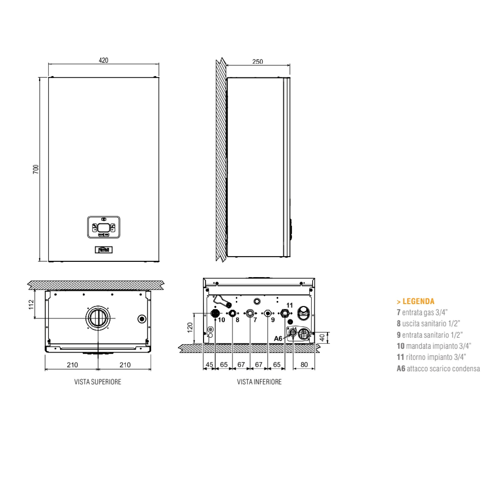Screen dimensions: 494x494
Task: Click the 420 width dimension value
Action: [103, 60]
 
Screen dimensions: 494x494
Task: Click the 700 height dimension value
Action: [36, 169]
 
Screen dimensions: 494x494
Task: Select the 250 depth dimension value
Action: [257, 62]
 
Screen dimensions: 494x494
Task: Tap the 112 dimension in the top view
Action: [31, 305]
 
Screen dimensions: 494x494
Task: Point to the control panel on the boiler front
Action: [103, 227]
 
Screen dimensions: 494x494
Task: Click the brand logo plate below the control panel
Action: [103, 250]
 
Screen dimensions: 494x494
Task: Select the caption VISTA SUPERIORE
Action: [98, 382]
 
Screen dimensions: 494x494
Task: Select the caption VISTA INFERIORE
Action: [259, 382]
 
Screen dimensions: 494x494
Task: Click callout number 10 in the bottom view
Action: [221, 320]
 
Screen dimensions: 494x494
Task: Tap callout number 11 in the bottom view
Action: [289, 305]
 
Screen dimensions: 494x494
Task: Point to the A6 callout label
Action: [278, 339]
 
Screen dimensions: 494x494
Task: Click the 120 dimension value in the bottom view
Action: [190, 328]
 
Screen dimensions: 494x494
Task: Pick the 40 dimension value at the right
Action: [322, 337]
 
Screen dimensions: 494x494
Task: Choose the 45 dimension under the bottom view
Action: [209, 365]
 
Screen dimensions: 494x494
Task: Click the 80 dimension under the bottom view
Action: [304, 365]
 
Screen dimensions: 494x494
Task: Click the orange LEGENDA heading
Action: [415, 301]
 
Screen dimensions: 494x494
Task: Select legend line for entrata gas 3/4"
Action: [422, 312]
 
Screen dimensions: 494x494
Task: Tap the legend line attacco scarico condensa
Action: [438, 369]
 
